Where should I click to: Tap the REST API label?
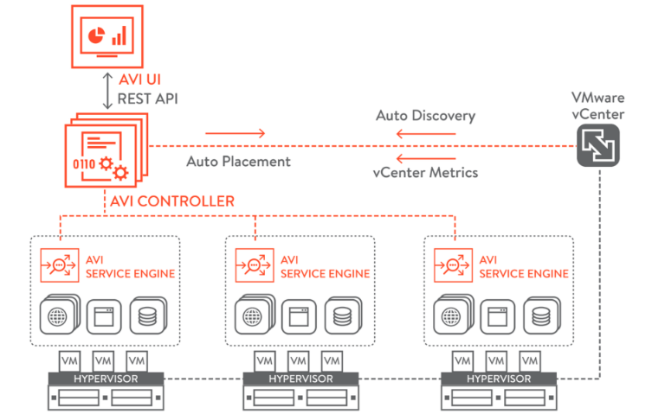point(149,98)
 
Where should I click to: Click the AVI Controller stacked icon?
point(106,155)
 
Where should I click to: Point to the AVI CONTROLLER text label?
point(171,201)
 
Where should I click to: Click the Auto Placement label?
point(239,161)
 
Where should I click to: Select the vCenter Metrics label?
point(425,172)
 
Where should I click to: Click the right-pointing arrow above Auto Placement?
point(236,133)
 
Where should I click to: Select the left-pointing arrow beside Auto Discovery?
point(416,133)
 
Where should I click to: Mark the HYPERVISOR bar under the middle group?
point(298,379)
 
